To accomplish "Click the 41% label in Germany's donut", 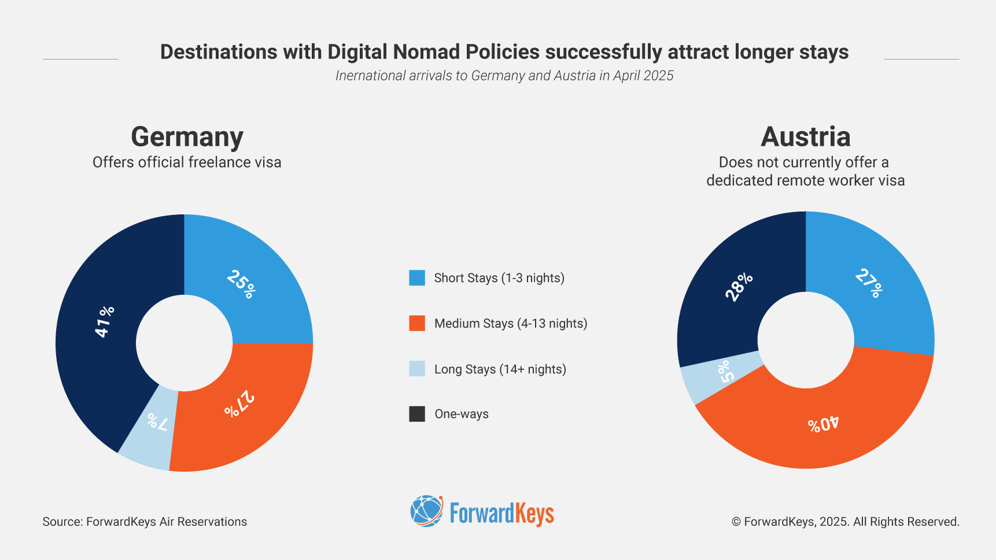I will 105,321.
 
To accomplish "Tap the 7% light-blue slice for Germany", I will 152,425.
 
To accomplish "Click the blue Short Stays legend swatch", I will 417,278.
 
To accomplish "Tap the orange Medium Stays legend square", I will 417,324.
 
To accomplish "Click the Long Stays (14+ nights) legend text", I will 500,369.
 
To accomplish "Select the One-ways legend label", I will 461,414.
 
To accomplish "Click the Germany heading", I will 187,137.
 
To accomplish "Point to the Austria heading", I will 805,137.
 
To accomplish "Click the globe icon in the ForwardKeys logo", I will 426,511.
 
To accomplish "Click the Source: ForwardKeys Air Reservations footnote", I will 145,522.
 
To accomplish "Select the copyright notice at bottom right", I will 845,522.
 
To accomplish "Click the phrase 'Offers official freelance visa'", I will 187,162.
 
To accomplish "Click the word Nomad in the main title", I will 427,52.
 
